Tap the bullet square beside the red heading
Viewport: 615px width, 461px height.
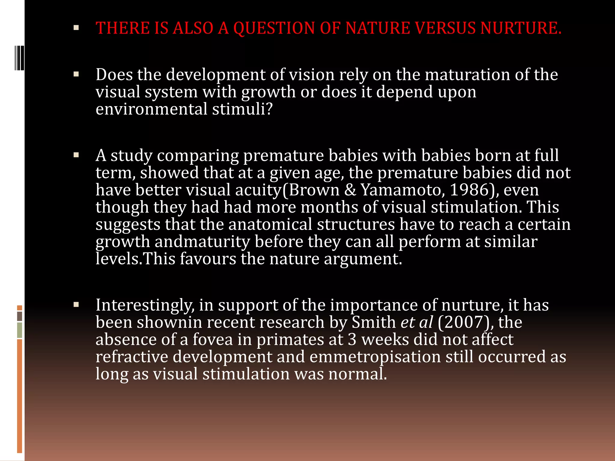(76, 28)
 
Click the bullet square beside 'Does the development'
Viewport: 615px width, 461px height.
(76, 74)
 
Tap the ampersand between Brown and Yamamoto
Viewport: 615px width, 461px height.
(350, 190)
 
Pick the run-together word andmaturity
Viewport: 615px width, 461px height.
(202, 242)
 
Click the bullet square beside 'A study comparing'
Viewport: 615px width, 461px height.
(76, 155)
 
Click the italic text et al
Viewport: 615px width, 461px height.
(417, 322)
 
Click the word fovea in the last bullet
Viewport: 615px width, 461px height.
(213, 340)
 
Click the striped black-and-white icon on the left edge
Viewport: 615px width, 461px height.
(20, 58)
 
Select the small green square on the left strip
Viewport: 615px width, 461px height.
(20, 330)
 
